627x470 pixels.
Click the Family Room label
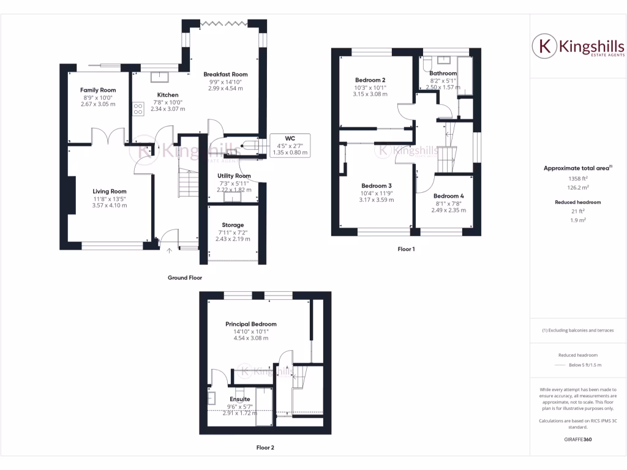(x=98, y=90)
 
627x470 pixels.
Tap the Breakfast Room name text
(x=225, y=74)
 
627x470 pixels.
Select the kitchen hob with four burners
(x=138, y=109)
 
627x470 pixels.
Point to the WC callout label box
(x=290, y=145)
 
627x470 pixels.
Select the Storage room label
(x=233, y=225)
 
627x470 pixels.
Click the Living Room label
(x=110, y=192)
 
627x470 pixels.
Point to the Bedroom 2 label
(x=370, y=80)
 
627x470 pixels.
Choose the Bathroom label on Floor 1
(x=443, y=73)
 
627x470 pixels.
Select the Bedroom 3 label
(x=376, y=185)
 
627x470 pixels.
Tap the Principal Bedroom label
(x=250, y=324)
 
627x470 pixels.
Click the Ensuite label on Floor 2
(x=239, y=399)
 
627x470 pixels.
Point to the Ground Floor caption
(x=185, y=277)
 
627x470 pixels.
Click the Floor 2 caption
(x=265, y=447)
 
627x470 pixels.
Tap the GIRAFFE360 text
(x=578, y=439)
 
